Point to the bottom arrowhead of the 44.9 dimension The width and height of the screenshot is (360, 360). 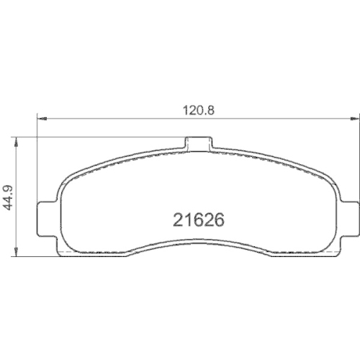tap(15, 254)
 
